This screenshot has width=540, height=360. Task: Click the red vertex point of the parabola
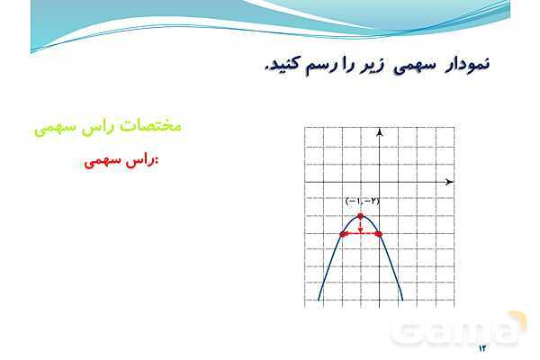[x=360, y=217]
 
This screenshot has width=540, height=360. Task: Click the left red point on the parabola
[x=343, y=234]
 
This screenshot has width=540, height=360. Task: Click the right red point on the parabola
[x=378, y=234]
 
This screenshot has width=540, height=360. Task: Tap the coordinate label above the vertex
[x=363, y=202]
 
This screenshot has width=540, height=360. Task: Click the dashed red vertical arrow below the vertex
[x=360, y=227]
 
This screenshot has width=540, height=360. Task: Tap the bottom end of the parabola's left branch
[x=319, y=298]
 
